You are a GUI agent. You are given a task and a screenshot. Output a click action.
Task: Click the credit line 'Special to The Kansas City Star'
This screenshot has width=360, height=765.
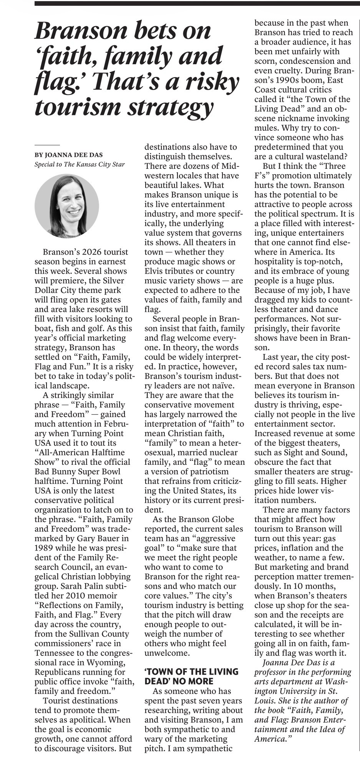[x=80, y=165]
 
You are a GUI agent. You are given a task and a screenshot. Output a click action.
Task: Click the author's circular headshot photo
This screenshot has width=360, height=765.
[x=67, y=206]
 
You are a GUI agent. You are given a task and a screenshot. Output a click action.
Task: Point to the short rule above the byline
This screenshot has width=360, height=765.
[x=47, y=145]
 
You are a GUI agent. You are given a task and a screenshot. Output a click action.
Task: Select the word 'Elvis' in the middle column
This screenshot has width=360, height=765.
[x=155, y=271]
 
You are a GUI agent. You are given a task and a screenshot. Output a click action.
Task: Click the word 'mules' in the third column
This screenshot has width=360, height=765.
[x=265, y=128]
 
